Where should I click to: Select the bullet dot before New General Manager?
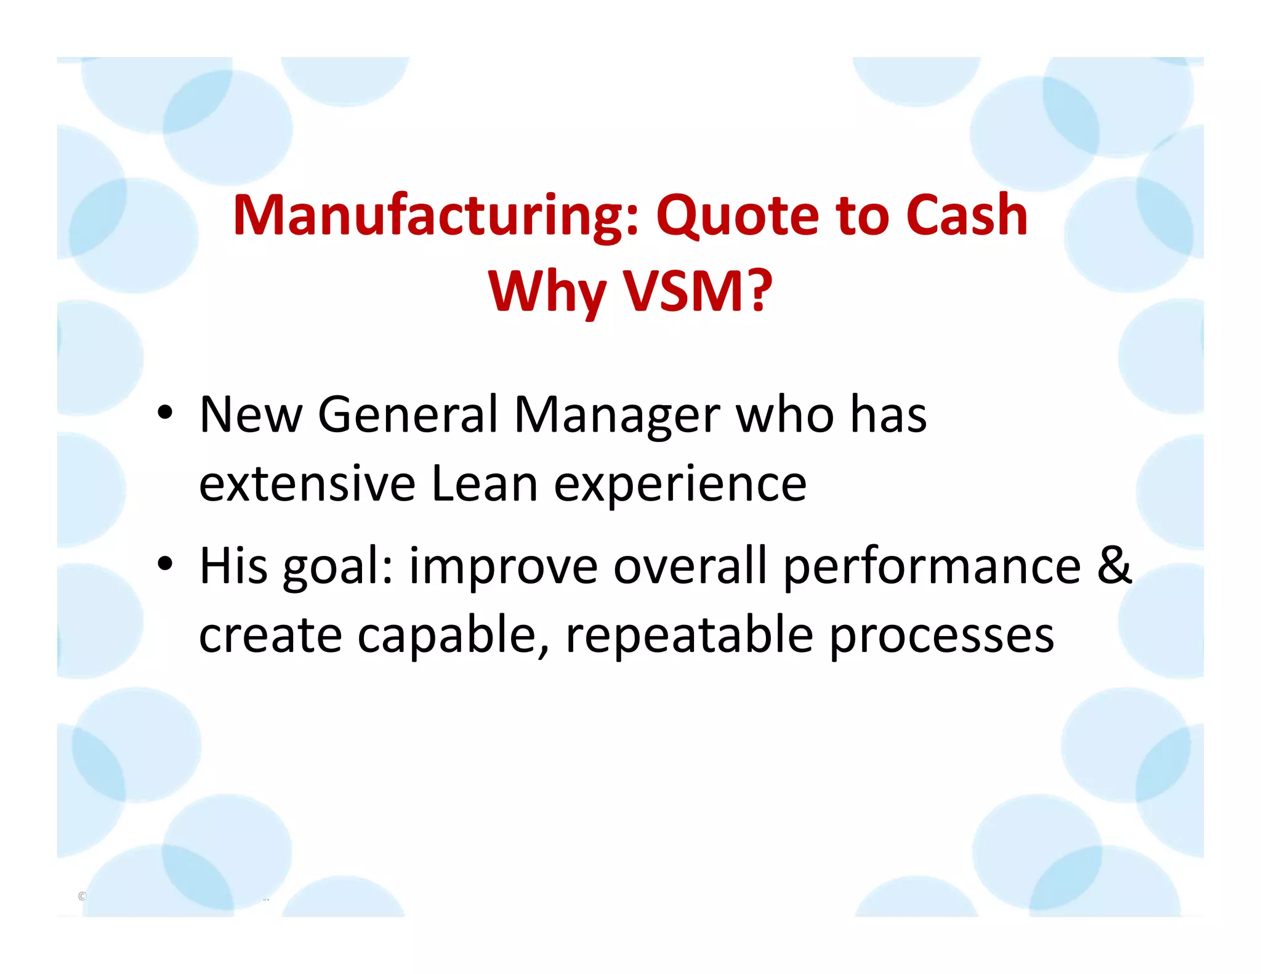[164, 413]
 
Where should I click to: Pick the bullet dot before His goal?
[164, 563]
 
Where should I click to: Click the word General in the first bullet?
[406, 414]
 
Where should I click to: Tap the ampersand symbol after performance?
[1114, 565]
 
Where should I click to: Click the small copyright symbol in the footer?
[82, 896]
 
